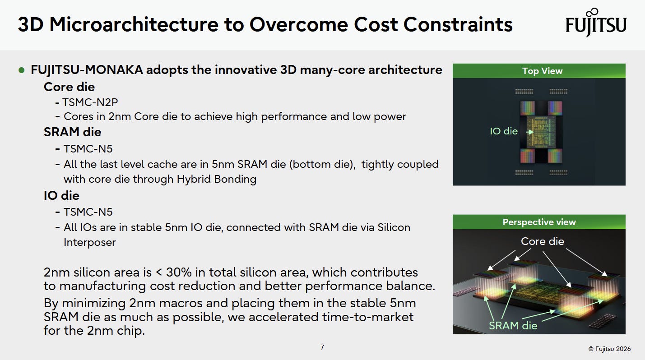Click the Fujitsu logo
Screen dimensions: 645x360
point(596,22)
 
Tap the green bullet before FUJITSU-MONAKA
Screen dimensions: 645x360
point(21,70)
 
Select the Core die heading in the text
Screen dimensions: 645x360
point(69,87)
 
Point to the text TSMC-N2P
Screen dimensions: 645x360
point(90,102)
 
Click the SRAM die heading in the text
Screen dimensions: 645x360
point(73,132)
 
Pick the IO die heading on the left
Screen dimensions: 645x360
point(61,196)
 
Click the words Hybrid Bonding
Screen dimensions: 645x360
point(216,179)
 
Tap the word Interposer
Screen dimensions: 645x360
point(89,242)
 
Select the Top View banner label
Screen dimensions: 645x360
point(542,71)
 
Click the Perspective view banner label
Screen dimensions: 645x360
point(539,222)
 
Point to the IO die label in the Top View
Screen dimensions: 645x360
point(504,131)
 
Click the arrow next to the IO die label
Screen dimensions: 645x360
point(530,132)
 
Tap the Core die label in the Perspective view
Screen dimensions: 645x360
point(543,241)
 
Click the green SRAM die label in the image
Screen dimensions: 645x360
point(513,326)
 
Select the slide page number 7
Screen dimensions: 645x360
point(322,347)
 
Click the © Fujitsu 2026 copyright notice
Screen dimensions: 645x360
point(609,349)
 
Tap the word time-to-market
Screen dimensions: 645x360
point(368,317)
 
